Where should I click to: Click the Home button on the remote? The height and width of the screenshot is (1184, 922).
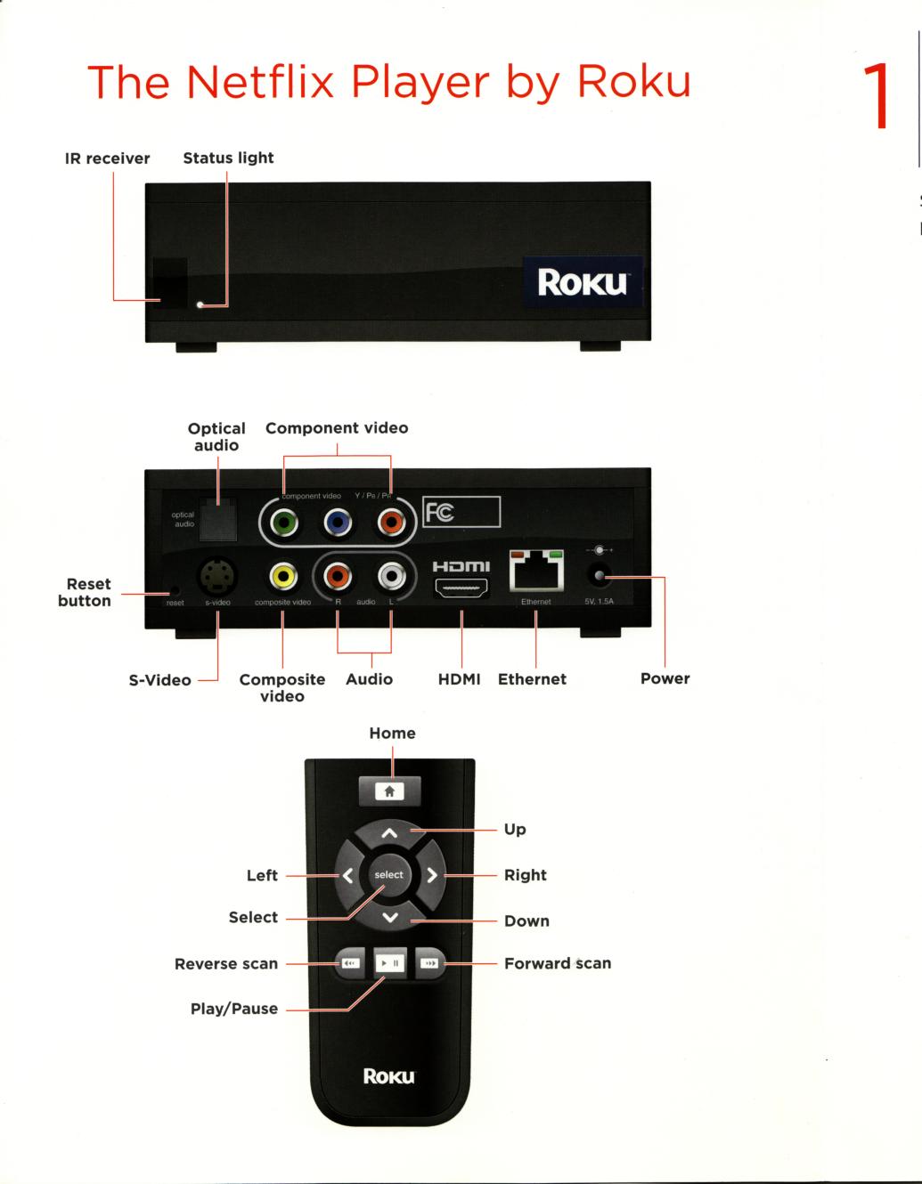(x=389, y=791)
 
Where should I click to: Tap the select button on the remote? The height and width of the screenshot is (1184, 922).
(x=389, y=875)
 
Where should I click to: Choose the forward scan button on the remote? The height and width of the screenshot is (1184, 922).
(x=428, y=963)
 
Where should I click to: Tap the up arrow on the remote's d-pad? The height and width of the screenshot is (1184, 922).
(x=389, y=834)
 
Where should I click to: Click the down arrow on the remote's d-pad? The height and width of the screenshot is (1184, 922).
(x=389, y=917)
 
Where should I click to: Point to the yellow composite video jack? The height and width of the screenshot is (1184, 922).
(x=282, y=577)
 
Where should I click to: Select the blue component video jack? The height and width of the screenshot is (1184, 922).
(x=337, y=523)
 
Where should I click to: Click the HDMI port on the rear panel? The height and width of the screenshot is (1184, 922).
(x=461, y=588)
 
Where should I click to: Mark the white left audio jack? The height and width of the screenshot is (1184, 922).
(x=391, y=577)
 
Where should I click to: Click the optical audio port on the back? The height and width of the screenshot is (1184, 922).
(x=217, y=519)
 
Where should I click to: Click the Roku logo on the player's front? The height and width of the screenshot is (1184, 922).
(x=582, y=283)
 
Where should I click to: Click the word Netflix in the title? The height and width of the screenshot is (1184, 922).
(x=261, y=81)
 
